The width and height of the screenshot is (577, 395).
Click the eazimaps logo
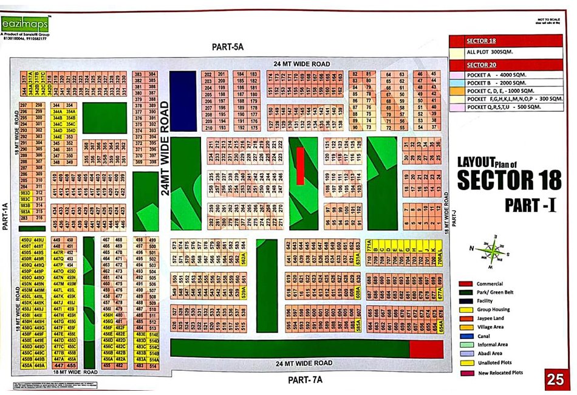(x=26, y=24)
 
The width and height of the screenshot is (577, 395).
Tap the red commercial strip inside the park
(x=300, y=165)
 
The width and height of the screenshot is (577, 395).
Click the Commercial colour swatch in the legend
(x=466, y=284)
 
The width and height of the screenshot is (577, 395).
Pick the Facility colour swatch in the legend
(x=466, y=301)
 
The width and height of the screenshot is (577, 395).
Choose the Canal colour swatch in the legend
(x=466, y=336)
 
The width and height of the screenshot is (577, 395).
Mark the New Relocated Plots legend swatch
(x=466, y=372)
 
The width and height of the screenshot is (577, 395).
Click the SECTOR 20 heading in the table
(x=481, y=64)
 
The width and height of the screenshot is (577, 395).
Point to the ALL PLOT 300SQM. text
(x=490, y=52)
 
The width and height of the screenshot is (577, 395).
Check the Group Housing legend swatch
(x=466, y=310)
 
